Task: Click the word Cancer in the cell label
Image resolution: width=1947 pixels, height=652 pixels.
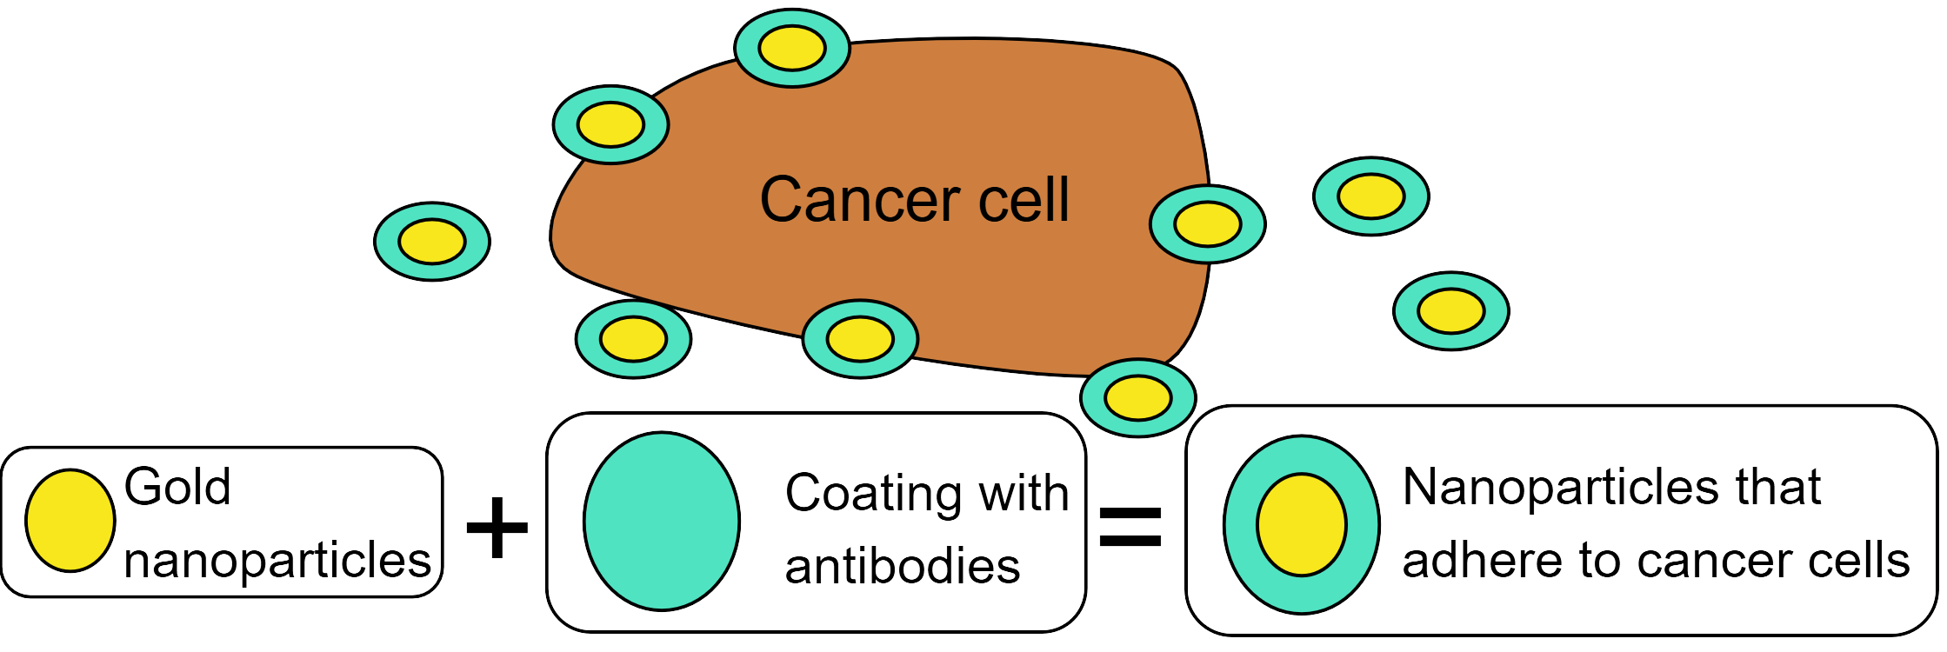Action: click(860, 200)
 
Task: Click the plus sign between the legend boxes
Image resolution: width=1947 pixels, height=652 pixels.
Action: click(497, 527)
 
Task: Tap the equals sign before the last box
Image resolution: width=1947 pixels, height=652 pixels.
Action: click(1130, 527)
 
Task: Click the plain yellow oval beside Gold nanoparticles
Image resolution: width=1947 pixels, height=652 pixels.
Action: click(70, 521)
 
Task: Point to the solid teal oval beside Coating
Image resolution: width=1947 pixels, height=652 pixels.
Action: click(662, 522)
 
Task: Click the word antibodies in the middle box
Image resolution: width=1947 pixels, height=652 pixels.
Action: click(902, 566)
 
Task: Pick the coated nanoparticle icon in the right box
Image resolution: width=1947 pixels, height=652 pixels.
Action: click(1301, 525)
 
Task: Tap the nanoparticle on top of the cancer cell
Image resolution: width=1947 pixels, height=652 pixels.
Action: click(791, 48)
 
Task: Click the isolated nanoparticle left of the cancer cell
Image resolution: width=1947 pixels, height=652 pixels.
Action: click(432, 242)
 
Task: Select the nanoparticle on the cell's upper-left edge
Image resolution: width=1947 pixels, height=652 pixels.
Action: click(610, 124)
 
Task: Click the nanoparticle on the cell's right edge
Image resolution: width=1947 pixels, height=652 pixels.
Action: click(1207, 224)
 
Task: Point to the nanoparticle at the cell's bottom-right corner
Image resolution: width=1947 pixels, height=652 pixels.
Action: click(1137, 398)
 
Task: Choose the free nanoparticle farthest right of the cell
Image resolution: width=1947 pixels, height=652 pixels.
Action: click(1450, 311)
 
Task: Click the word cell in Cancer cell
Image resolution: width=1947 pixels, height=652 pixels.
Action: click(1024, 200)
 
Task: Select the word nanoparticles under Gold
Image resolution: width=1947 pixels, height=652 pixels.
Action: click(277, 560)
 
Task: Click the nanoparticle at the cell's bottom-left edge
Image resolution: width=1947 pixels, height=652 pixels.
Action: click(633, 339)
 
